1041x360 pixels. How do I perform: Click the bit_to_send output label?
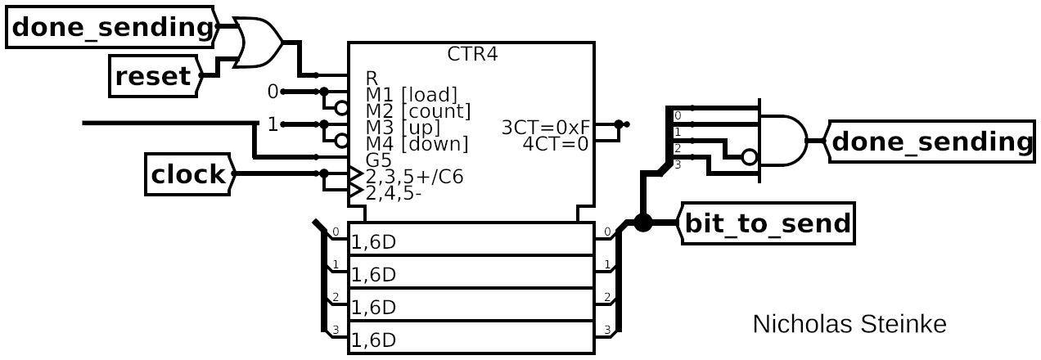(x=767, y=223)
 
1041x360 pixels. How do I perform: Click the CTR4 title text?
(x=472, y=55)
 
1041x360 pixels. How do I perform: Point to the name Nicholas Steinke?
(x=849, y=325)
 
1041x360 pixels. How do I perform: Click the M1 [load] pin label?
(x=411, y=95)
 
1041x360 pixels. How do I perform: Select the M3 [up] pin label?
(x=403, y=127)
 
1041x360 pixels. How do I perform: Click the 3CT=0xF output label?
(x=546, y=127)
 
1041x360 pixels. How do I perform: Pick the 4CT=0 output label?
(x=557, y=143)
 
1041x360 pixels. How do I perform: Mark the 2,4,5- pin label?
(x=396, y=193)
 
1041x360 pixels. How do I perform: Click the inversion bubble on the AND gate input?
(x=748, y=157)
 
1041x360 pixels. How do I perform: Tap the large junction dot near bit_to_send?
(x=642, y=222)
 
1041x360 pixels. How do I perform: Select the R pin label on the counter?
(x=372, y=78)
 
